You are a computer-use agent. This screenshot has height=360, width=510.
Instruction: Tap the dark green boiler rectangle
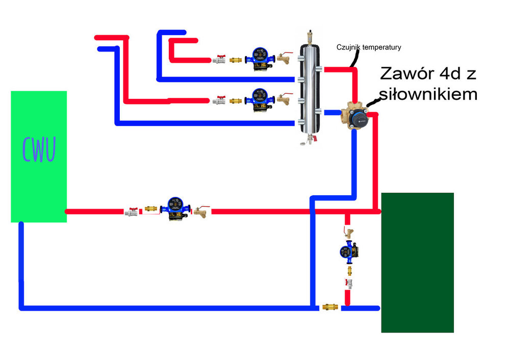417,262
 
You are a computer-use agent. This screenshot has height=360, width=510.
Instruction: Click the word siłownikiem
427,94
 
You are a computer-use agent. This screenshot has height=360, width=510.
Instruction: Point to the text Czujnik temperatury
369,47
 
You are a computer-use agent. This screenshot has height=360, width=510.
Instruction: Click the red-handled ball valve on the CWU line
132,211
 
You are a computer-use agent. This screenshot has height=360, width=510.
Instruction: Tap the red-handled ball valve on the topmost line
219,59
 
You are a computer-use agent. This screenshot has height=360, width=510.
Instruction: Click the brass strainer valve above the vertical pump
349,233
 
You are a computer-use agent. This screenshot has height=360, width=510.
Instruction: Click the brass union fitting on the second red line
236,100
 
